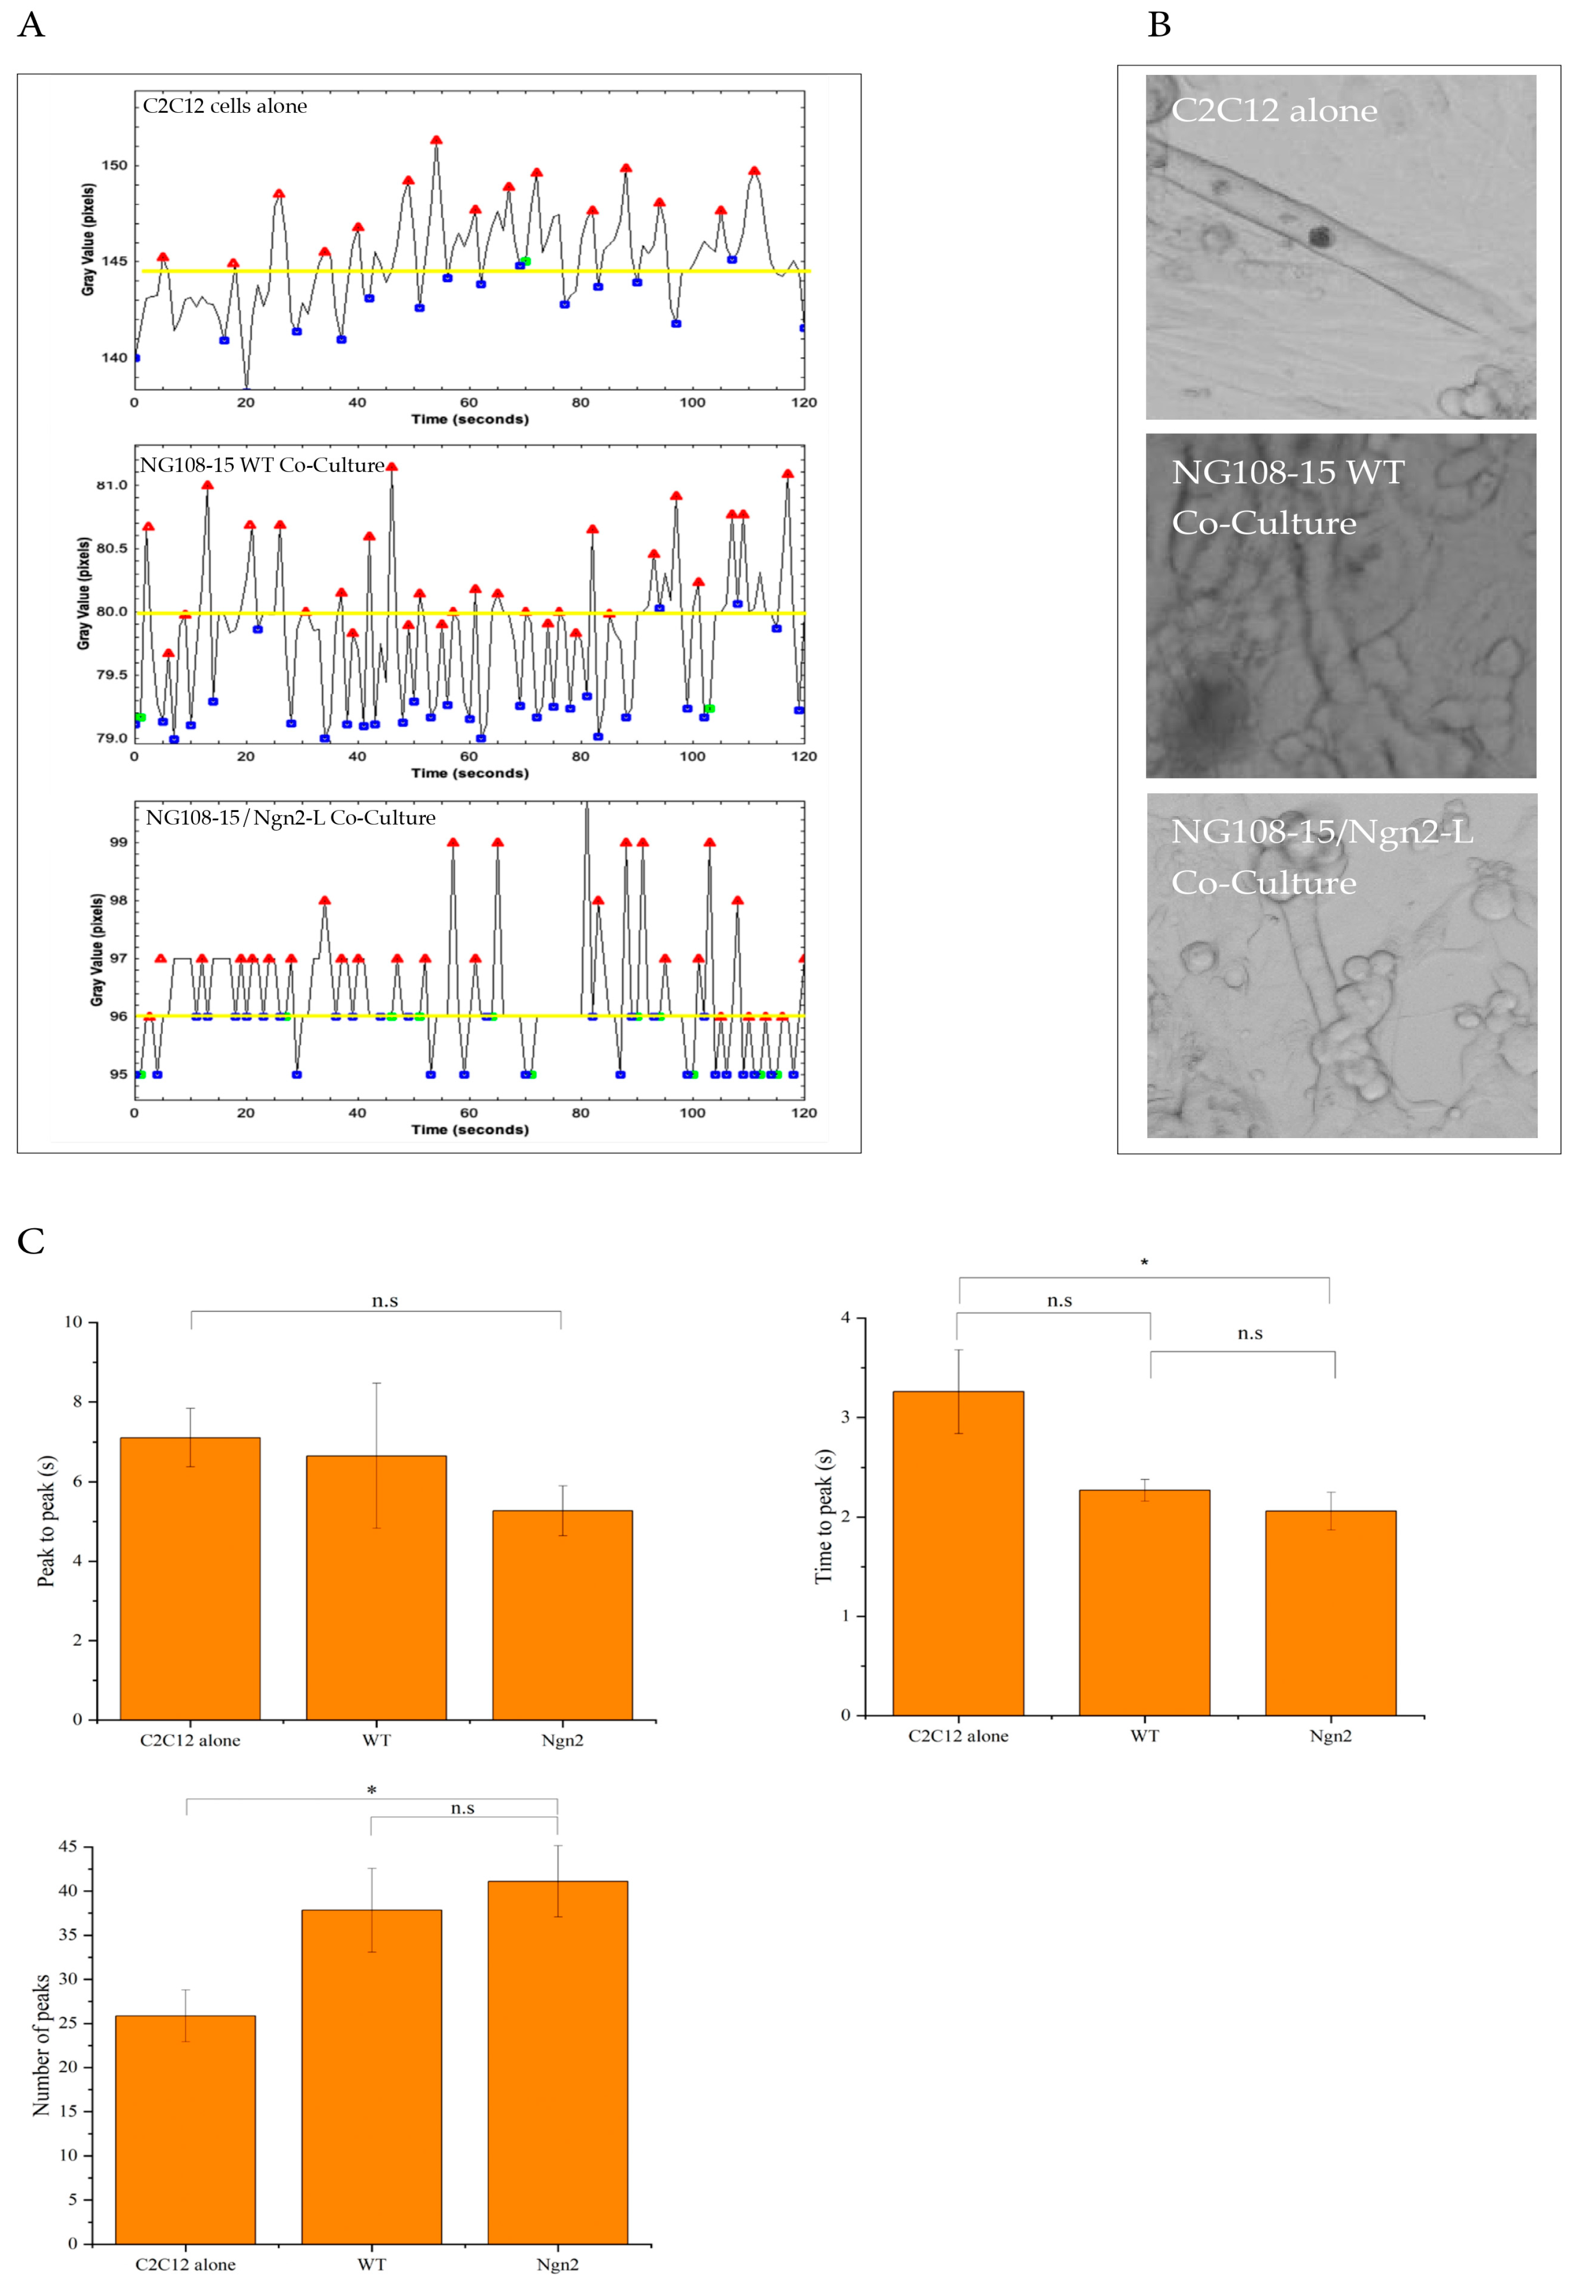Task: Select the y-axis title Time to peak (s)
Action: [x=823, y=1516]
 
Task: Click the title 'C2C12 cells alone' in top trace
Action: [x=225, y=106]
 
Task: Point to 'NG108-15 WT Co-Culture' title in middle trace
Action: [x=262, y=465]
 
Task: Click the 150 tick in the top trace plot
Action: [x=115, y=165]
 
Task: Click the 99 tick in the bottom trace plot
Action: [x=118, y=842]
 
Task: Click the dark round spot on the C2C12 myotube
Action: [x=1320, y=236]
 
